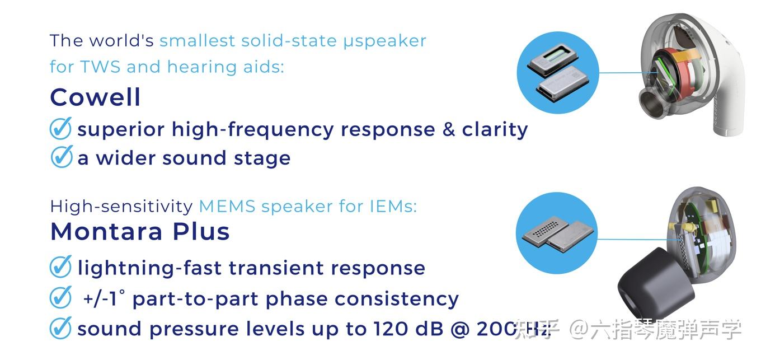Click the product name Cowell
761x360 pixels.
[95, 97]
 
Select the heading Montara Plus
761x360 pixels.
[140, 231]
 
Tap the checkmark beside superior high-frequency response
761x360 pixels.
[60, 129]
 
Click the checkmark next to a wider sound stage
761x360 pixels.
[60, 157]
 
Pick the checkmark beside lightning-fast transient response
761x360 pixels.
[60, 267]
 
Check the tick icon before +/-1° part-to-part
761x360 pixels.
[60, 298]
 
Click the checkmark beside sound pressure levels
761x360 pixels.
[60, 328]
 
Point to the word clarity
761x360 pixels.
[495, 129]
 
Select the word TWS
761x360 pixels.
[101, 67]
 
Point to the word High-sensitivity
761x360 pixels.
[121, 206]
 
